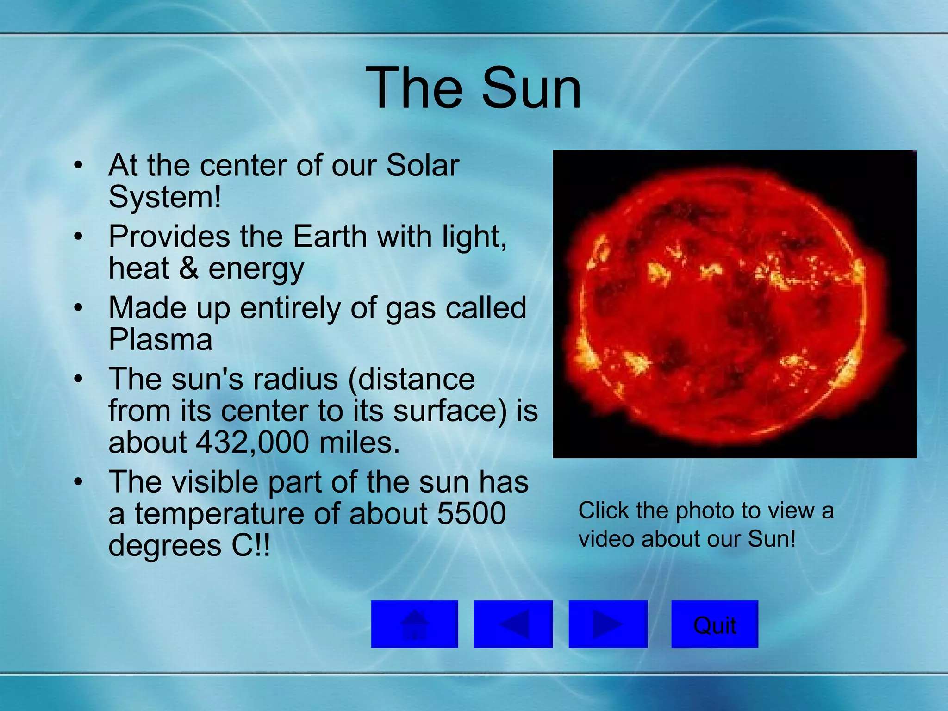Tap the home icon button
(414, 624)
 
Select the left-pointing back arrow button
(513, 624)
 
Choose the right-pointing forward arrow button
(608, 624)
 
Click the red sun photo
(734, 304)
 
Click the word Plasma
(160, 339)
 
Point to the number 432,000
(252, 442)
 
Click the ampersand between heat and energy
(188, 268)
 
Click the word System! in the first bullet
(165, 197)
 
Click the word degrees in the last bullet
(165, 545)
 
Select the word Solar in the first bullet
(422, 165)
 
